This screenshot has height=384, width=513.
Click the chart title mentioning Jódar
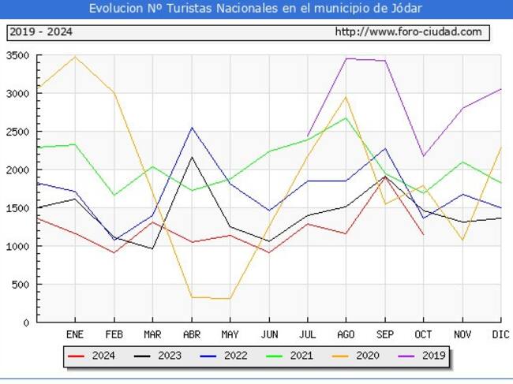point(256,9)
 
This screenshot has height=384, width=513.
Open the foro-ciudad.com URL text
point(407,32)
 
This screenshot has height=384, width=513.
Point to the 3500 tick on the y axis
point(17,56)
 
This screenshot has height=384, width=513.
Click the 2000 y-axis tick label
point(17,170)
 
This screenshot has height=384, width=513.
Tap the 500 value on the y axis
point(21,285)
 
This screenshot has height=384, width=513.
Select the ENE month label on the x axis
point(74,334)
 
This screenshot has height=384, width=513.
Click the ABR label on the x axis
point(191,334)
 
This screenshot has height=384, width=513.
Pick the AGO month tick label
point(346,334)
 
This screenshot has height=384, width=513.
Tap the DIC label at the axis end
point(499,334)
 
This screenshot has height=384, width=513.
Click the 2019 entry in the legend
point(421,356)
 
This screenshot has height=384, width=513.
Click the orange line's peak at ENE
point(75,57)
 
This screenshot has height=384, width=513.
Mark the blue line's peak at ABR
point(191,128)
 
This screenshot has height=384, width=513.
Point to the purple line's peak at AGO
point(346,58)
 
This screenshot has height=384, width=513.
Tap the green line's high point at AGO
point(346,118)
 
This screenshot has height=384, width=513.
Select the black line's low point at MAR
point(152,249)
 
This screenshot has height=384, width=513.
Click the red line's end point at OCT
point(423,235)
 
